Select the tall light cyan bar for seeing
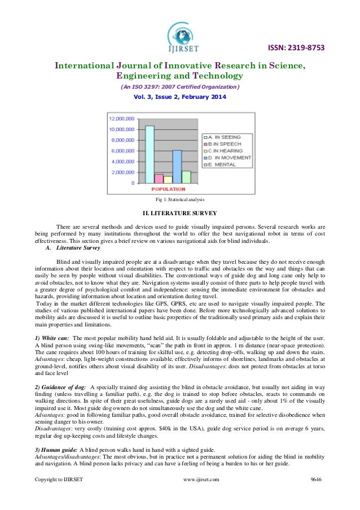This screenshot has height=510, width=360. (150, 154)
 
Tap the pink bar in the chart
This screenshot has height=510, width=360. (159, 178)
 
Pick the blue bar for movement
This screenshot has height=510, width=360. (177, 167)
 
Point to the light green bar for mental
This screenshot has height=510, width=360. (186, 177)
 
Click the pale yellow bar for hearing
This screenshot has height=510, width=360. (168, 180)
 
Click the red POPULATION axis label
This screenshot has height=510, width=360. (168, 189)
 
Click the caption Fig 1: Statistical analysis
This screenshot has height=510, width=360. (180, 200)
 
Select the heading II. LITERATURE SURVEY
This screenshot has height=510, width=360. (180, 213)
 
